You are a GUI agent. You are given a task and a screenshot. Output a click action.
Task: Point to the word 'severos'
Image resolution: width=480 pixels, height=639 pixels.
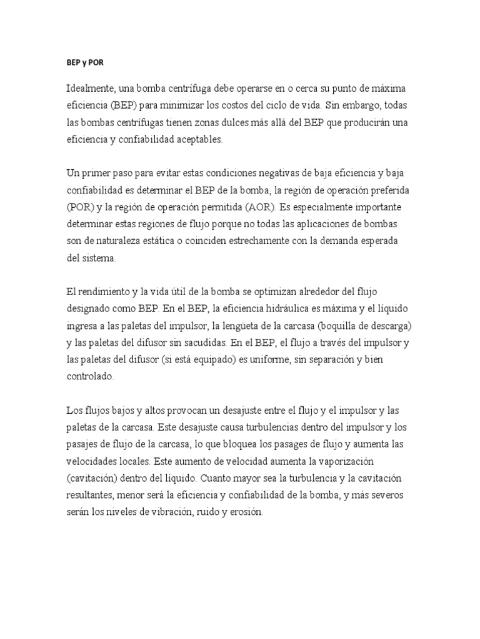pyautogui.click(x=404, y=495)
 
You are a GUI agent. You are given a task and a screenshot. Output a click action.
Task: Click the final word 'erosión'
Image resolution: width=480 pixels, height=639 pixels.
pyautogui.click(x=247, y=512)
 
